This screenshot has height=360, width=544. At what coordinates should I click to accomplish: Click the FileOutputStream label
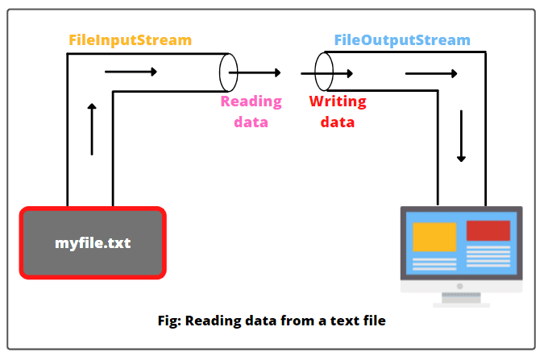pos(402,39)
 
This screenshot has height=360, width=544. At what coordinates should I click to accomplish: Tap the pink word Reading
pos(251,101)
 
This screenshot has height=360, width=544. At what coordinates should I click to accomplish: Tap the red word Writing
pos(338,101)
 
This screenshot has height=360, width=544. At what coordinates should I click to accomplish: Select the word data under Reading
pos(251,122)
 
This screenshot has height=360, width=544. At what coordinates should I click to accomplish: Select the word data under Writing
pos(337,122)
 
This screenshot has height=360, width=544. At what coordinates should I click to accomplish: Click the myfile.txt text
pos(93,242)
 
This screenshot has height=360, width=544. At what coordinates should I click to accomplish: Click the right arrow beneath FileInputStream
pos(131,72)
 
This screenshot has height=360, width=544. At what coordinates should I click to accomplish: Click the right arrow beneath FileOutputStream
pos(431,75)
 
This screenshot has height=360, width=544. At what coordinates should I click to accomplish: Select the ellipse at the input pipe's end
pos(229,72)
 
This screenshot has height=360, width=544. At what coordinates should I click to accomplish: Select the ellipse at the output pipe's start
pos(323,72)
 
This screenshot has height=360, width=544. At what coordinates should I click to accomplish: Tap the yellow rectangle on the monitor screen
pos(434,235)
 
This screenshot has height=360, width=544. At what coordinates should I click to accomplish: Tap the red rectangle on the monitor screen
pos(488,230)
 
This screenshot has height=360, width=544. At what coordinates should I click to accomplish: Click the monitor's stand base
pos(461,304)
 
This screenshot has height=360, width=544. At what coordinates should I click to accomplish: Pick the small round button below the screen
pos(461,286)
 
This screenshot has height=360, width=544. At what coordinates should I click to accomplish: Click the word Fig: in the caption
pos(169,321)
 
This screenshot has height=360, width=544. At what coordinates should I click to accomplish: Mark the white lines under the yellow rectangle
pos(434,263)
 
